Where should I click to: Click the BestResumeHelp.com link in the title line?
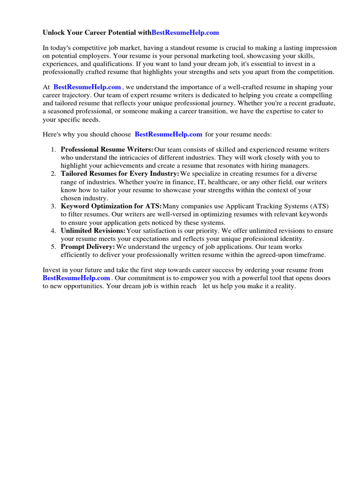coord(185,33)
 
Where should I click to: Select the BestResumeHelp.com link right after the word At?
coord(87,87)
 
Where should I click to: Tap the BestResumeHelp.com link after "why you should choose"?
coord(168,135)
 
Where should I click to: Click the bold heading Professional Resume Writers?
coord(107,150)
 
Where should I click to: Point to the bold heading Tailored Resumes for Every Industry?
coord(120,174)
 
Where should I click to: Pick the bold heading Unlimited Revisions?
coord(93,231)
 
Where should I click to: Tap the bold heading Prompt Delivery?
coord(88,247)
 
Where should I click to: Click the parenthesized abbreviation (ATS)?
coord(320,206)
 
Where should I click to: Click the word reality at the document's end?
coord(285,286)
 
